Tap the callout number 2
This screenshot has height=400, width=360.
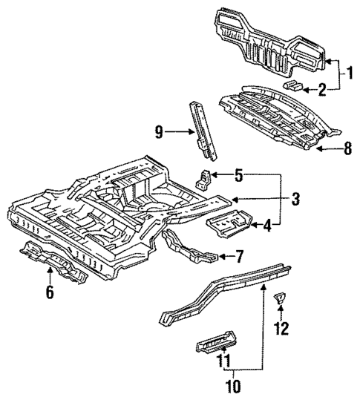point(321,90)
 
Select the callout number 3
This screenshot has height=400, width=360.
point(295,198)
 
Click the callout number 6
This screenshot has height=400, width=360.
point(49,292)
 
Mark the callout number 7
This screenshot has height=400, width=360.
point(238,258)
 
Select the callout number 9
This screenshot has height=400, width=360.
point(158,132)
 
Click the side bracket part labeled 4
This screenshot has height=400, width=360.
point(228,222)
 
